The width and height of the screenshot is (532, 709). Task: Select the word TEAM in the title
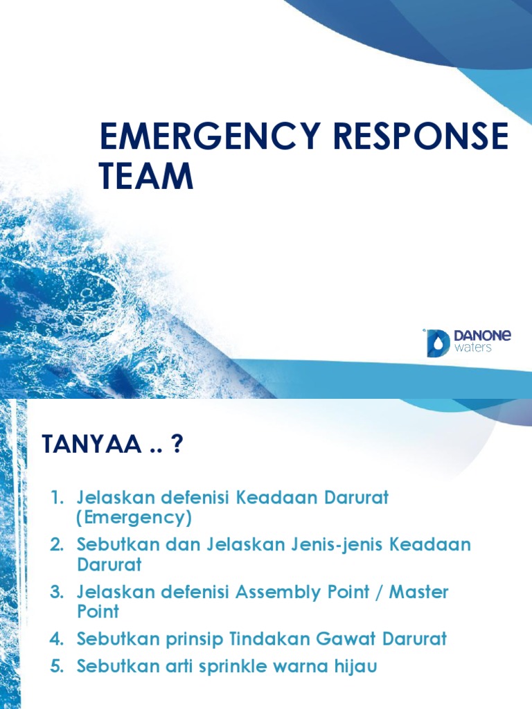145,177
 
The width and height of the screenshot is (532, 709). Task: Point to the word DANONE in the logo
483,336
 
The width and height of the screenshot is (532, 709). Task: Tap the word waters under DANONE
473,349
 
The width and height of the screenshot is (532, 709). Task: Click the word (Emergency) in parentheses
134,517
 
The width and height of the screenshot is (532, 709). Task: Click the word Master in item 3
419,592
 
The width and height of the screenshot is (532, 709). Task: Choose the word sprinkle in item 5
221,667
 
